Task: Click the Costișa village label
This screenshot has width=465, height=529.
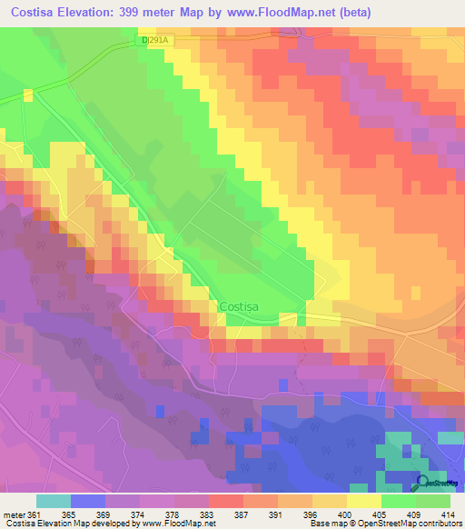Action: (x=239, y=307)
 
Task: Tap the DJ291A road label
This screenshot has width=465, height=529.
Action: (x=156, y=41)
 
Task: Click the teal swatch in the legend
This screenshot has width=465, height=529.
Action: (x=53, y=501)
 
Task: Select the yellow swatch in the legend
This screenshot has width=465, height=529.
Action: (x=363, y=501)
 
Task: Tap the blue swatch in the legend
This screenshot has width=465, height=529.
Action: (x=87, y=501)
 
